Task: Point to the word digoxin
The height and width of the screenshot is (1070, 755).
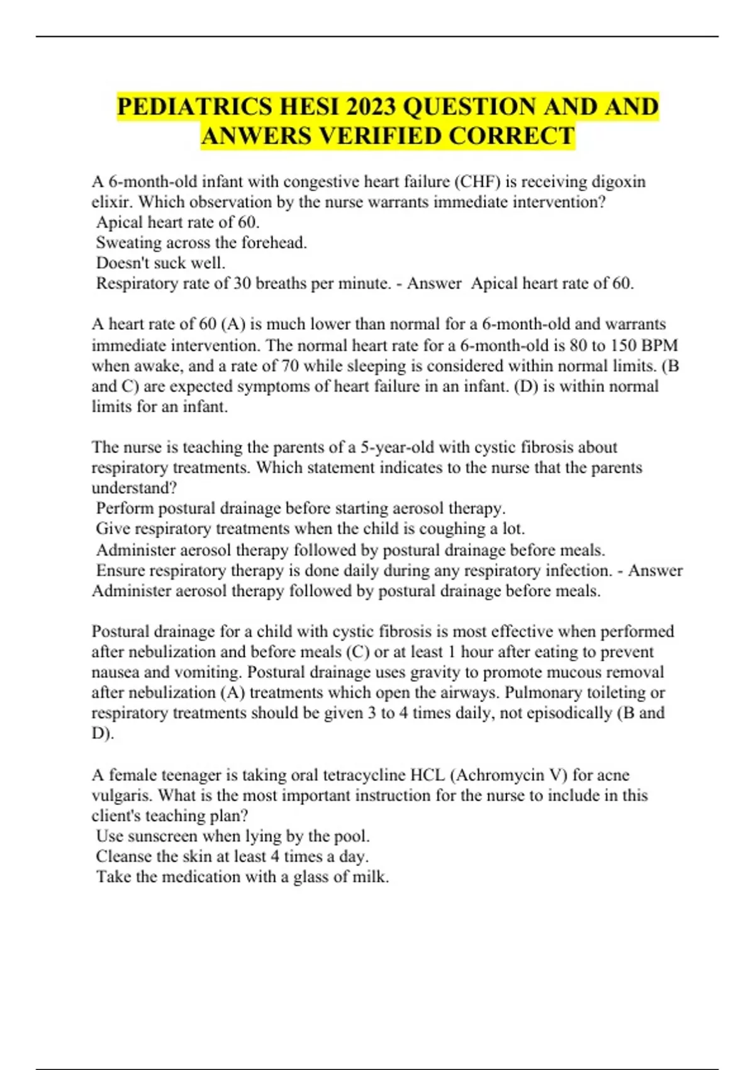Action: click(618, 182)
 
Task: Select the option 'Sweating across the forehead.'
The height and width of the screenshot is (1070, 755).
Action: click(201, 243)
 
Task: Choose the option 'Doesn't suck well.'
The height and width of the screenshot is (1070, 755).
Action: click(160, 263)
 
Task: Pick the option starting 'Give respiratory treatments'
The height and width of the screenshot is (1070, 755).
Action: click(310, 529)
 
